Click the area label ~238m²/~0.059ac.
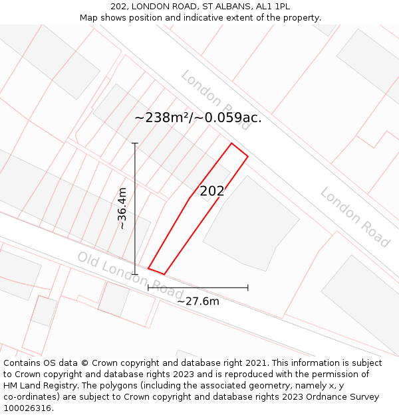[x=198, y=118]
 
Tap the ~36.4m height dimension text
[x=122, y=208]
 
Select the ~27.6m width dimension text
[x=198, y=301]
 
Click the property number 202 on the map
[x=212, y=191]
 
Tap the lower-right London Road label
[x=354, y=217]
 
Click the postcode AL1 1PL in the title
[x=273, y=7]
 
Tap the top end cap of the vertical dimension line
[x=135, y=143]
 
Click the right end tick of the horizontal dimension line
[x=248, y=288]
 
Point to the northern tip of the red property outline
[x=231, y=143]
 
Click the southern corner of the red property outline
[x=164, y=274]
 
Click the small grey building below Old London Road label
[x=114, y=299]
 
